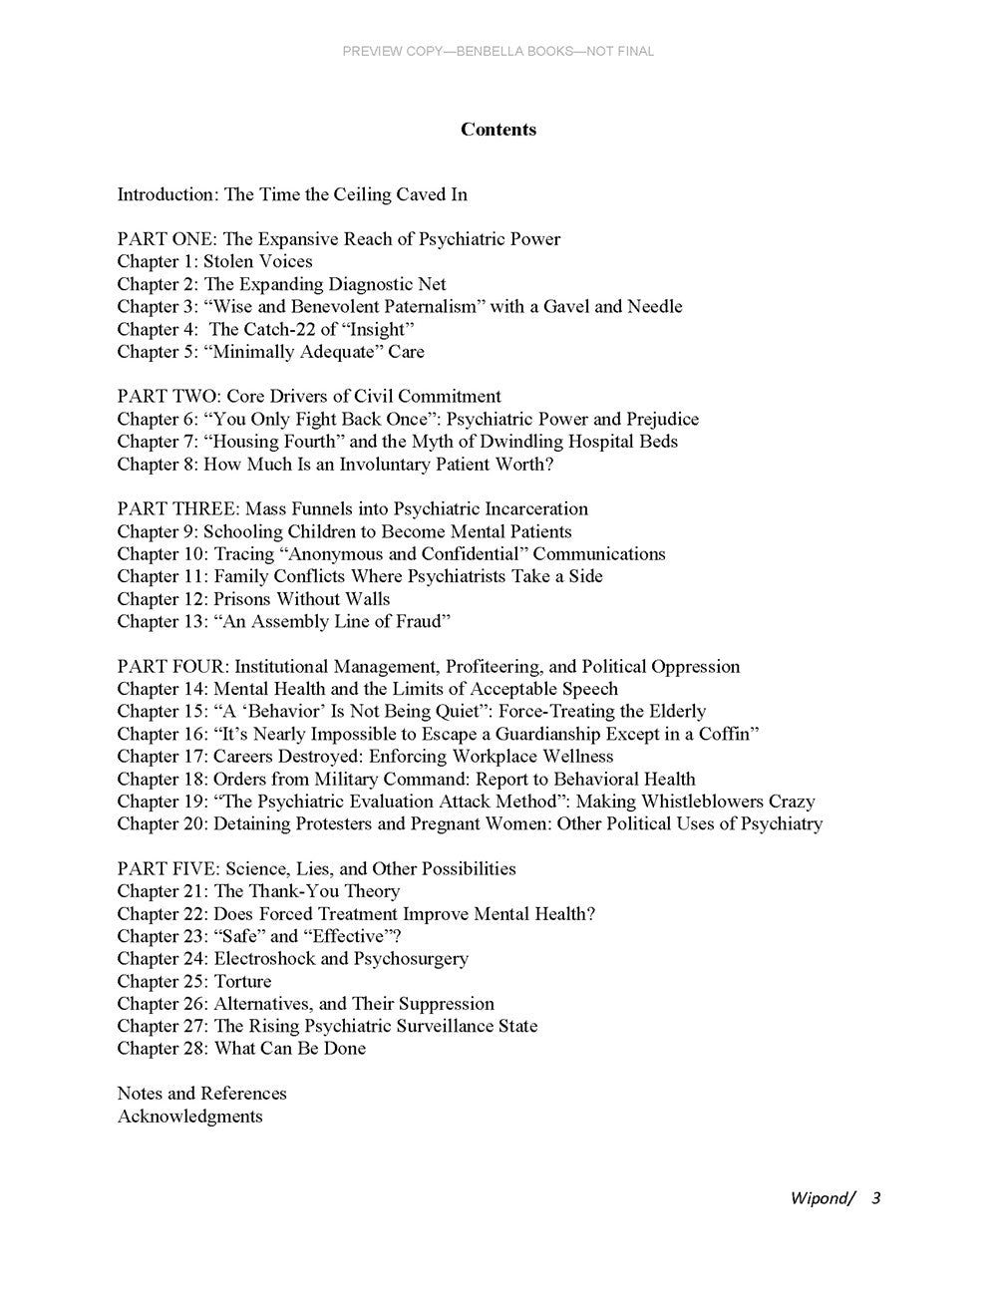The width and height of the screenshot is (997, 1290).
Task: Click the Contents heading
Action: coord(498,130)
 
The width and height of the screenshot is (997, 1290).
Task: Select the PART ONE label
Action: coord(166,239)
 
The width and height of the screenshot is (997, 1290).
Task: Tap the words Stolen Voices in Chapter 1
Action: coord(258,261)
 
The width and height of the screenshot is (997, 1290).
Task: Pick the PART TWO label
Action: coord(166,396)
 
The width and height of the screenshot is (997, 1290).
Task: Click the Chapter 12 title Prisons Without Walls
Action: coord(302,599)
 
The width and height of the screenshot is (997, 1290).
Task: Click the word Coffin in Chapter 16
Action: coord(731,734)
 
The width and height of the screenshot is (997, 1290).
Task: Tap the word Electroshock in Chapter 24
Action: coord(264,958)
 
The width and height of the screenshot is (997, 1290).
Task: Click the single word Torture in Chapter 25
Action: coord(242,981)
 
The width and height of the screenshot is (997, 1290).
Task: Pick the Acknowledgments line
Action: coord(190,1116)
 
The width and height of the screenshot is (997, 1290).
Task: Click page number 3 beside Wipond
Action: coord(875,1197)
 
